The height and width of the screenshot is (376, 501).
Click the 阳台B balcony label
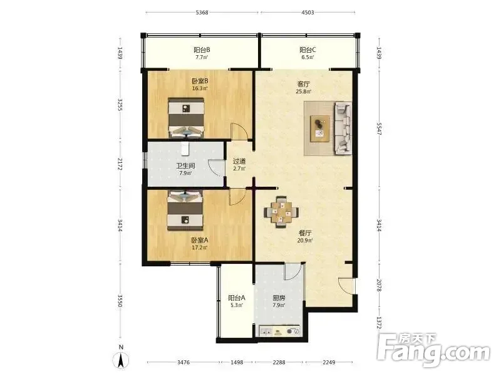(x=202, y=50)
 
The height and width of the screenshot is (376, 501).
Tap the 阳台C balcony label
(x=307, y=50)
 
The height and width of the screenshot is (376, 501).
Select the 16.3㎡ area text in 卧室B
(x=200, y=88)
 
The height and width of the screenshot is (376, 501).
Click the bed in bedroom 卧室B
(x=186, y=118)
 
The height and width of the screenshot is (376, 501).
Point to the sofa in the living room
(x=343, y=128)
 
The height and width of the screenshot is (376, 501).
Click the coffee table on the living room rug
(x=321, y=128)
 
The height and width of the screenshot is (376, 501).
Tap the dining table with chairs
(x=281, y=212)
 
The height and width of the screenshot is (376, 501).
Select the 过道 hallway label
(x=239, y=161)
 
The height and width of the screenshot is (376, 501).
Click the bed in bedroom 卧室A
(x=185, y=211)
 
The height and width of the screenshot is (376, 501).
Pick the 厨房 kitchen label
(x=279, y=298)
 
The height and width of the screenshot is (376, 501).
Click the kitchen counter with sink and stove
(x=280, y=332)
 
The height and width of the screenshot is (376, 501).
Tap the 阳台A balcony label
(x=237, y=298)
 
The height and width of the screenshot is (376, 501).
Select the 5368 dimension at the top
(x=202, y=13)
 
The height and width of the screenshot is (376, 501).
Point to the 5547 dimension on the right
(x=379, y=128)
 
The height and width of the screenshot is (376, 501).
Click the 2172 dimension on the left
(x=120, y=164)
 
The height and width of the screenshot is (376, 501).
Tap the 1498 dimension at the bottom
(x=237, y=362)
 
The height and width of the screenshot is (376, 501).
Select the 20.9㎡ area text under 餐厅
(x=305, y=241)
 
